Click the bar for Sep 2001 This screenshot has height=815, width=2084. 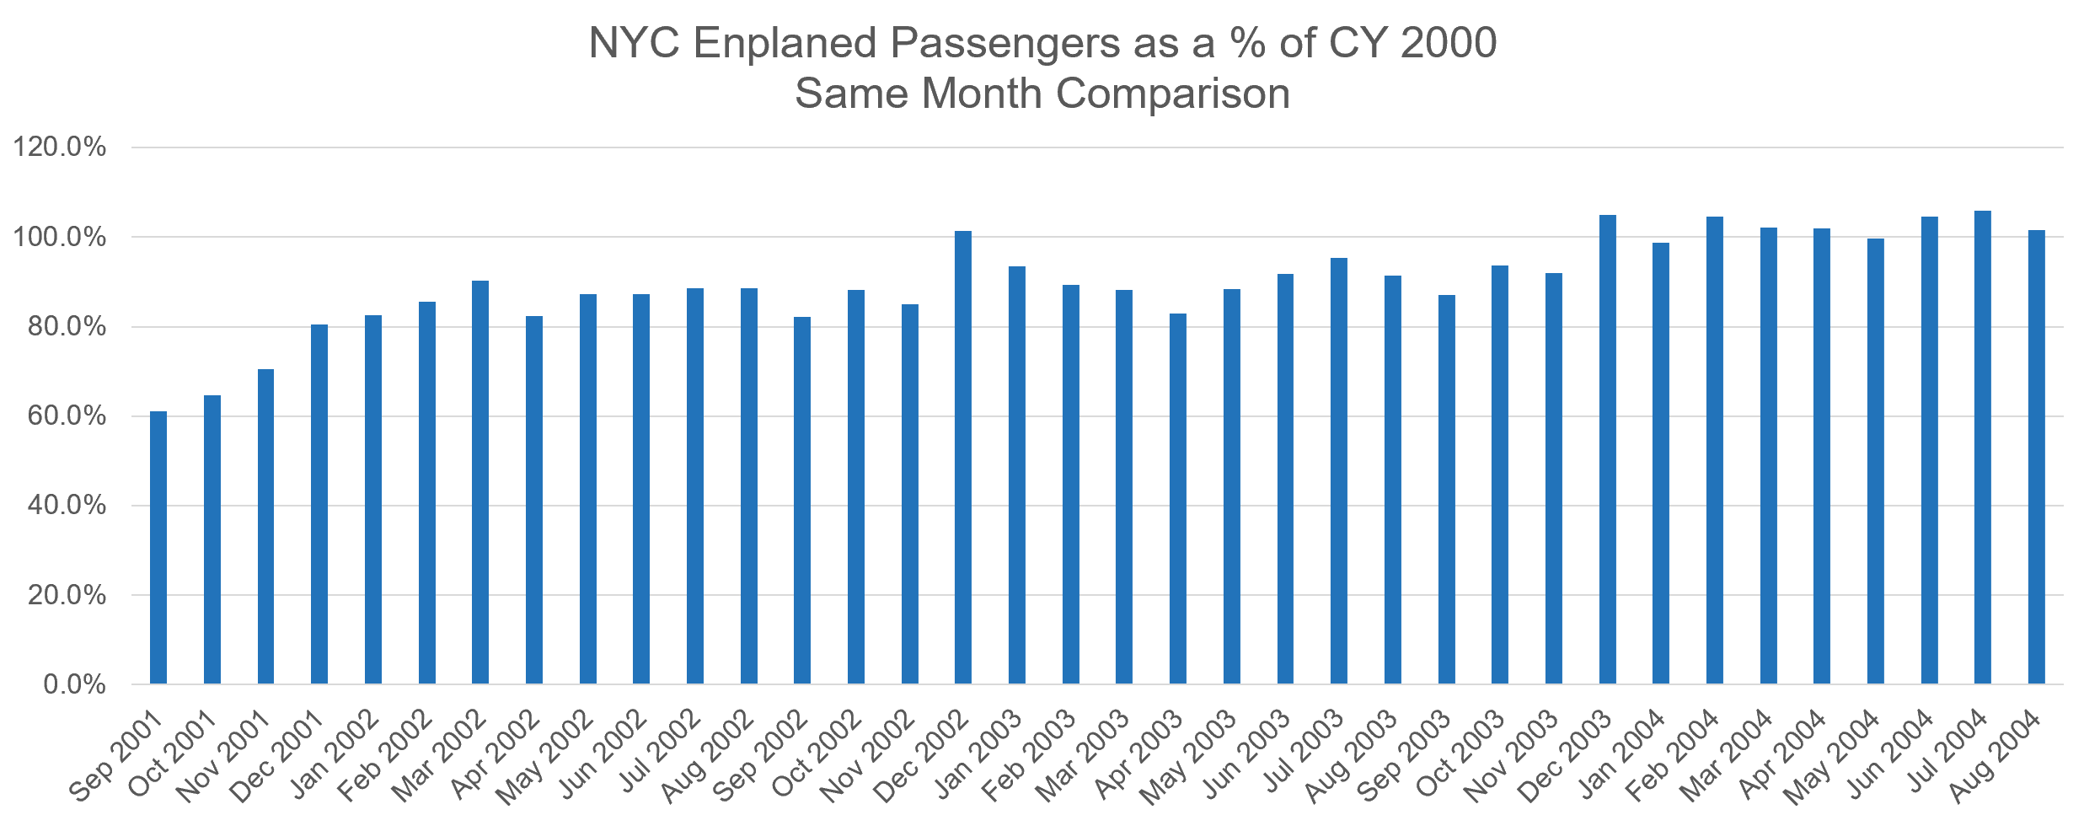[x=158, y=548]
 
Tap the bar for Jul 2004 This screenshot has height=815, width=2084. [x=1983, y=448]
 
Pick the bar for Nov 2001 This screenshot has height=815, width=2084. [x=265, y=527]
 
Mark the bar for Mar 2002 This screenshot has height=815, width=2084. [x=480, y=482]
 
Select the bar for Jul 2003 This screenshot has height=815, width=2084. [x=1339, y=471]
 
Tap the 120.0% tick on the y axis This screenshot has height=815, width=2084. [x=60, y=147]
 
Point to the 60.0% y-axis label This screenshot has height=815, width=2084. [x=67, y=416]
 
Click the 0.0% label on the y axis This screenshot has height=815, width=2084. [x=74, y=684]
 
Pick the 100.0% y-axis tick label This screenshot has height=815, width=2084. [x=60, y=237]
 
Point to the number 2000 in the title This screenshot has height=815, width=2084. [x=1449, y=42]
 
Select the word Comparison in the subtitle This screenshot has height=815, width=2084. [x=1172, y=94]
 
